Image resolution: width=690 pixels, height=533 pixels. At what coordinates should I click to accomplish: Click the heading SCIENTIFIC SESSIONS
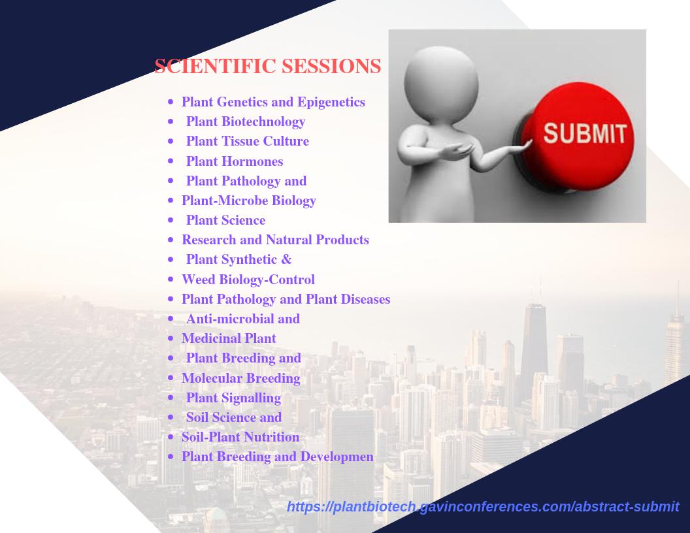click(267, 66)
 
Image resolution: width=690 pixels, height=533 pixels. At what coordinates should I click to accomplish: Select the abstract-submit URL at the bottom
click(483, 507)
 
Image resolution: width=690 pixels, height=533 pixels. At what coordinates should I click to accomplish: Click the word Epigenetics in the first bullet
click(331, 102)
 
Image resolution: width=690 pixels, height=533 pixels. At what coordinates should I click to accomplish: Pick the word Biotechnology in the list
click(263, 121)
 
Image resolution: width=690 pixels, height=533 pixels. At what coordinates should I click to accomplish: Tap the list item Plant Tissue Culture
click(247, 141)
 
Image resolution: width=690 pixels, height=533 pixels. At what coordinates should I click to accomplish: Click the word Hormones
click(252, 161)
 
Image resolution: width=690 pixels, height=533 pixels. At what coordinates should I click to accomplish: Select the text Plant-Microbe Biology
click(249, 201)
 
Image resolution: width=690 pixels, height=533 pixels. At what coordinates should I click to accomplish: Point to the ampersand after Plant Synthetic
click(286, 259)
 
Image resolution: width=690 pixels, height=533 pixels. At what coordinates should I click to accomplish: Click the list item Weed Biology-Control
click(248, 280)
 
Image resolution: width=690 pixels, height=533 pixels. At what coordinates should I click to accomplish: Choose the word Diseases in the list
click(365, 299)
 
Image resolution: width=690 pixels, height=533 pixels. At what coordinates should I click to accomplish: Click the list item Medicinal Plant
click(229, 338)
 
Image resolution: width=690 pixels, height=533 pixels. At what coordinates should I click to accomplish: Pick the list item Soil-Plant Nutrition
click(240, 437)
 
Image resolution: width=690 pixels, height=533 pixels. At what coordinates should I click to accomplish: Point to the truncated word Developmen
click(337, 457)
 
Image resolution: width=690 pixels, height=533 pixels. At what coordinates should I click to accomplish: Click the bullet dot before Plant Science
click(171, 220)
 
